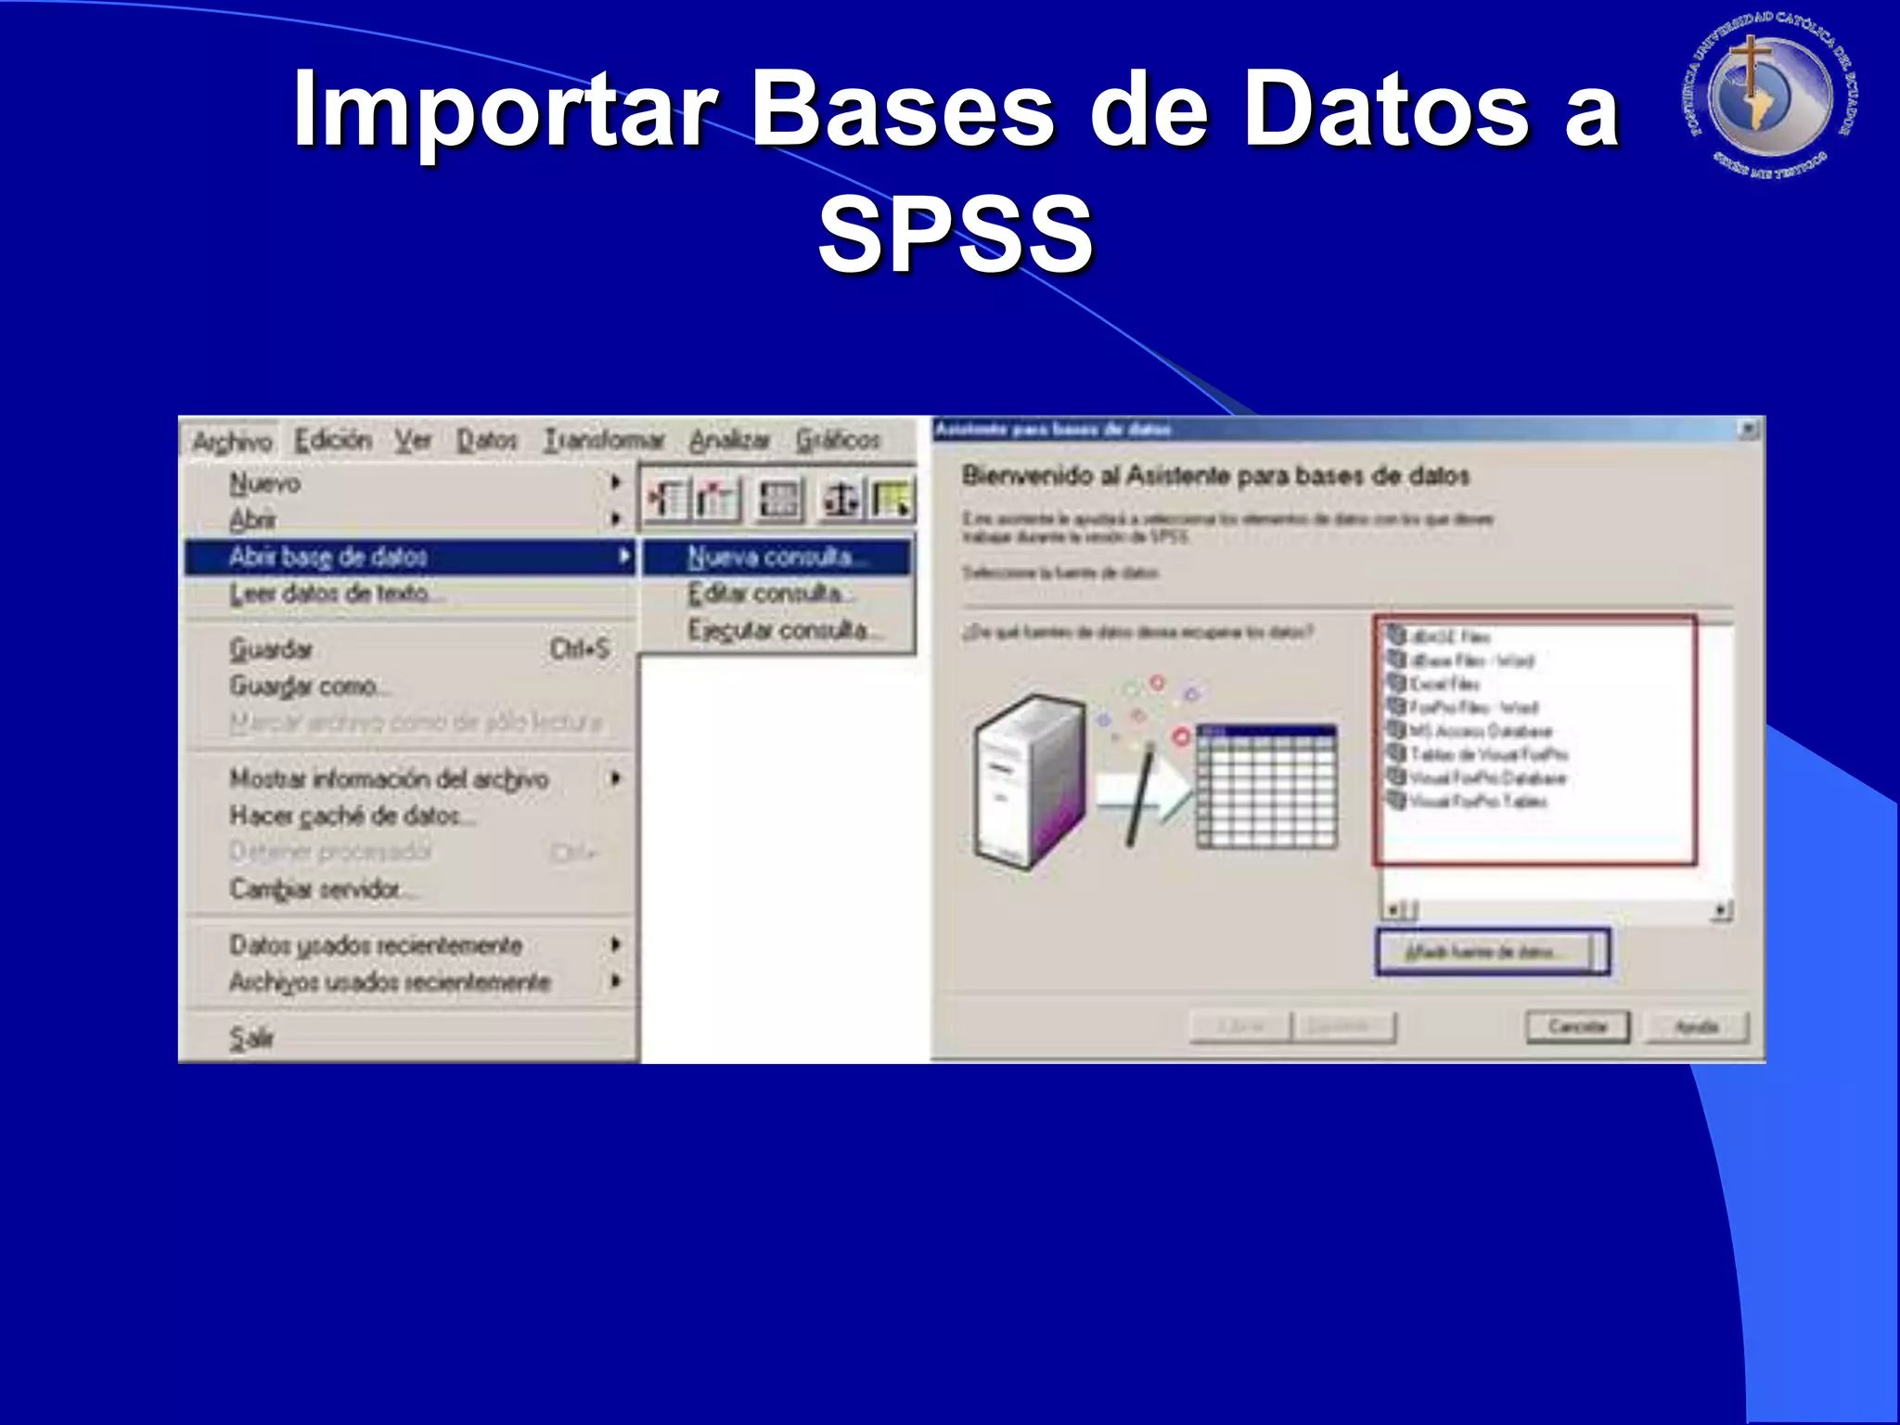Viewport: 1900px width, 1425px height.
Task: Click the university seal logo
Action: click(1770, 96)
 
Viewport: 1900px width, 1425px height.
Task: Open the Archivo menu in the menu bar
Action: click(232, 441)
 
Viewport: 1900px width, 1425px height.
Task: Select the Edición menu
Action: click(333, 440)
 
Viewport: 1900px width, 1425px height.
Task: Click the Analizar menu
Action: click(730, 440)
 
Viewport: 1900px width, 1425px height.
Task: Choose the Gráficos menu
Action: click(838, 440)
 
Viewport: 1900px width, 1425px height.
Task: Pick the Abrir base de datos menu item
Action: click(328, 557)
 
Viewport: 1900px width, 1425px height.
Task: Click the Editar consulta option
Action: click(766, 594)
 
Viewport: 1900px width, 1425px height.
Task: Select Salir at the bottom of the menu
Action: click(250, 1037)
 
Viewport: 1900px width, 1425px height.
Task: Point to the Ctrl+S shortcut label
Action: click(580, 648)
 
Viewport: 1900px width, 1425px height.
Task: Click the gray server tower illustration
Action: click(1029, 779)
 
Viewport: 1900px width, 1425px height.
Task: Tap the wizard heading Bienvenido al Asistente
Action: click(1215, 476)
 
